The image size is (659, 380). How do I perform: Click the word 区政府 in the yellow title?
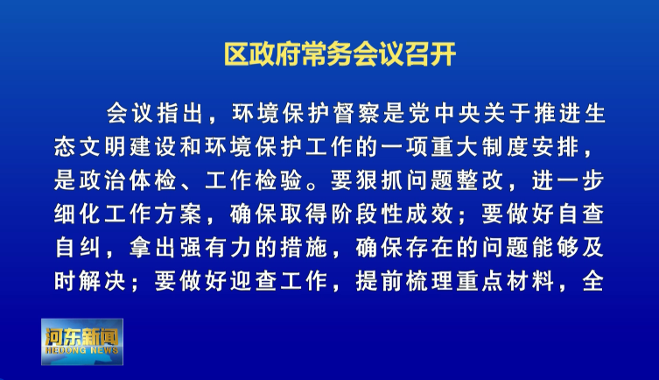click(x=263, y=53)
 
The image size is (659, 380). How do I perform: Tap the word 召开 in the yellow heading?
click(x=431, y=53)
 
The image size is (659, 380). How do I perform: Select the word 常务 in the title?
click(x=327, y=53)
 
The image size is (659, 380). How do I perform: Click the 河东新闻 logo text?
click(x=82, y=337)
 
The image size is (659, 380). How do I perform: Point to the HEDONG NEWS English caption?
click(x=82, y=350)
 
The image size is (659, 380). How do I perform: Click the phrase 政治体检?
click(x=128, y=180)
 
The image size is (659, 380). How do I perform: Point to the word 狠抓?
click(x=380, y=180)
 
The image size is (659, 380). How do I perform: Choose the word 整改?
click(x=480, y=180)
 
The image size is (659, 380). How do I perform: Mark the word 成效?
click(x=430, y=215)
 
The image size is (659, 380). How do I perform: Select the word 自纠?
click(x=78, y=248)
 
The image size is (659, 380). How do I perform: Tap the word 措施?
click(x=304, y=248)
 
